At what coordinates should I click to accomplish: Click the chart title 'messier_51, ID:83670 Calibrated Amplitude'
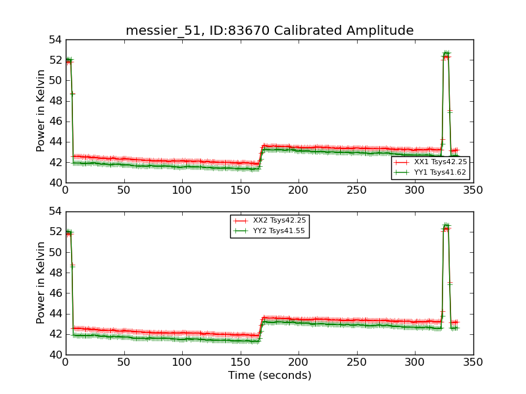tap(270, 30)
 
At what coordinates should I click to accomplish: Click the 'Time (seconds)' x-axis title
tap(270, 376)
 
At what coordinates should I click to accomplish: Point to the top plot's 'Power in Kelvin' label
tap(41, 110)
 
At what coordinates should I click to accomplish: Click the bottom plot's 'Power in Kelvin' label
tap(41, 282)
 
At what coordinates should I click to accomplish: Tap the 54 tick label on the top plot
tap(55, 40)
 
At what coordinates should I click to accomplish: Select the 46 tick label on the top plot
tap(55, 121)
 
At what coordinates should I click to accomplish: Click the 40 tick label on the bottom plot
tap(55, 355)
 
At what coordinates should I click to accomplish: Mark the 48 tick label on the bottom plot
tap(55, 273)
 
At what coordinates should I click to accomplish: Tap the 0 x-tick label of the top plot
tap(66, 190)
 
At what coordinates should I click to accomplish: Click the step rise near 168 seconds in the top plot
tap(261, 155)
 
